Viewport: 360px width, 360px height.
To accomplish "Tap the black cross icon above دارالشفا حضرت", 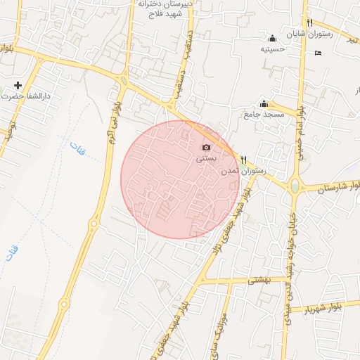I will point(18,85).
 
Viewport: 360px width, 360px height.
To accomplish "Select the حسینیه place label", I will point(272,49).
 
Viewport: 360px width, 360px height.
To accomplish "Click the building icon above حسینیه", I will point(273,38).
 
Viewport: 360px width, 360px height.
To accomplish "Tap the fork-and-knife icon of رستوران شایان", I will point(309,22).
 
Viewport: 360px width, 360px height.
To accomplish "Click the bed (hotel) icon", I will point(319,53).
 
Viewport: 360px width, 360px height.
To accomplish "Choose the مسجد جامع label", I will point(264,114).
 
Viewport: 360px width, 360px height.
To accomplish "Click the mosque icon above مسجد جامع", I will point(264,103).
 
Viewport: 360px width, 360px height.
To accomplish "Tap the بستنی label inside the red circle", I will point(205,159).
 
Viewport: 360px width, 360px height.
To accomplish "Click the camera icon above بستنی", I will point(206,147).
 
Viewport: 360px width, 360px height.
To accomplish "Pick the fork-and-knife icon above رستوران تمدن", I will point(243,160).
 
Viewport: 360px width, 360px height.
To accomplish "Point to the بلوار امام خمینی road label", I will point(300,133).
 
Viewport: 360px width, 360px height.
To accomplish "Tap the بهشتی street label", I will point(258,279).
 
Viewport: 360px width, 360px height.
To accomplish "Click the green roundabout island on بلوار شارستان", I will point(295,187).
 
